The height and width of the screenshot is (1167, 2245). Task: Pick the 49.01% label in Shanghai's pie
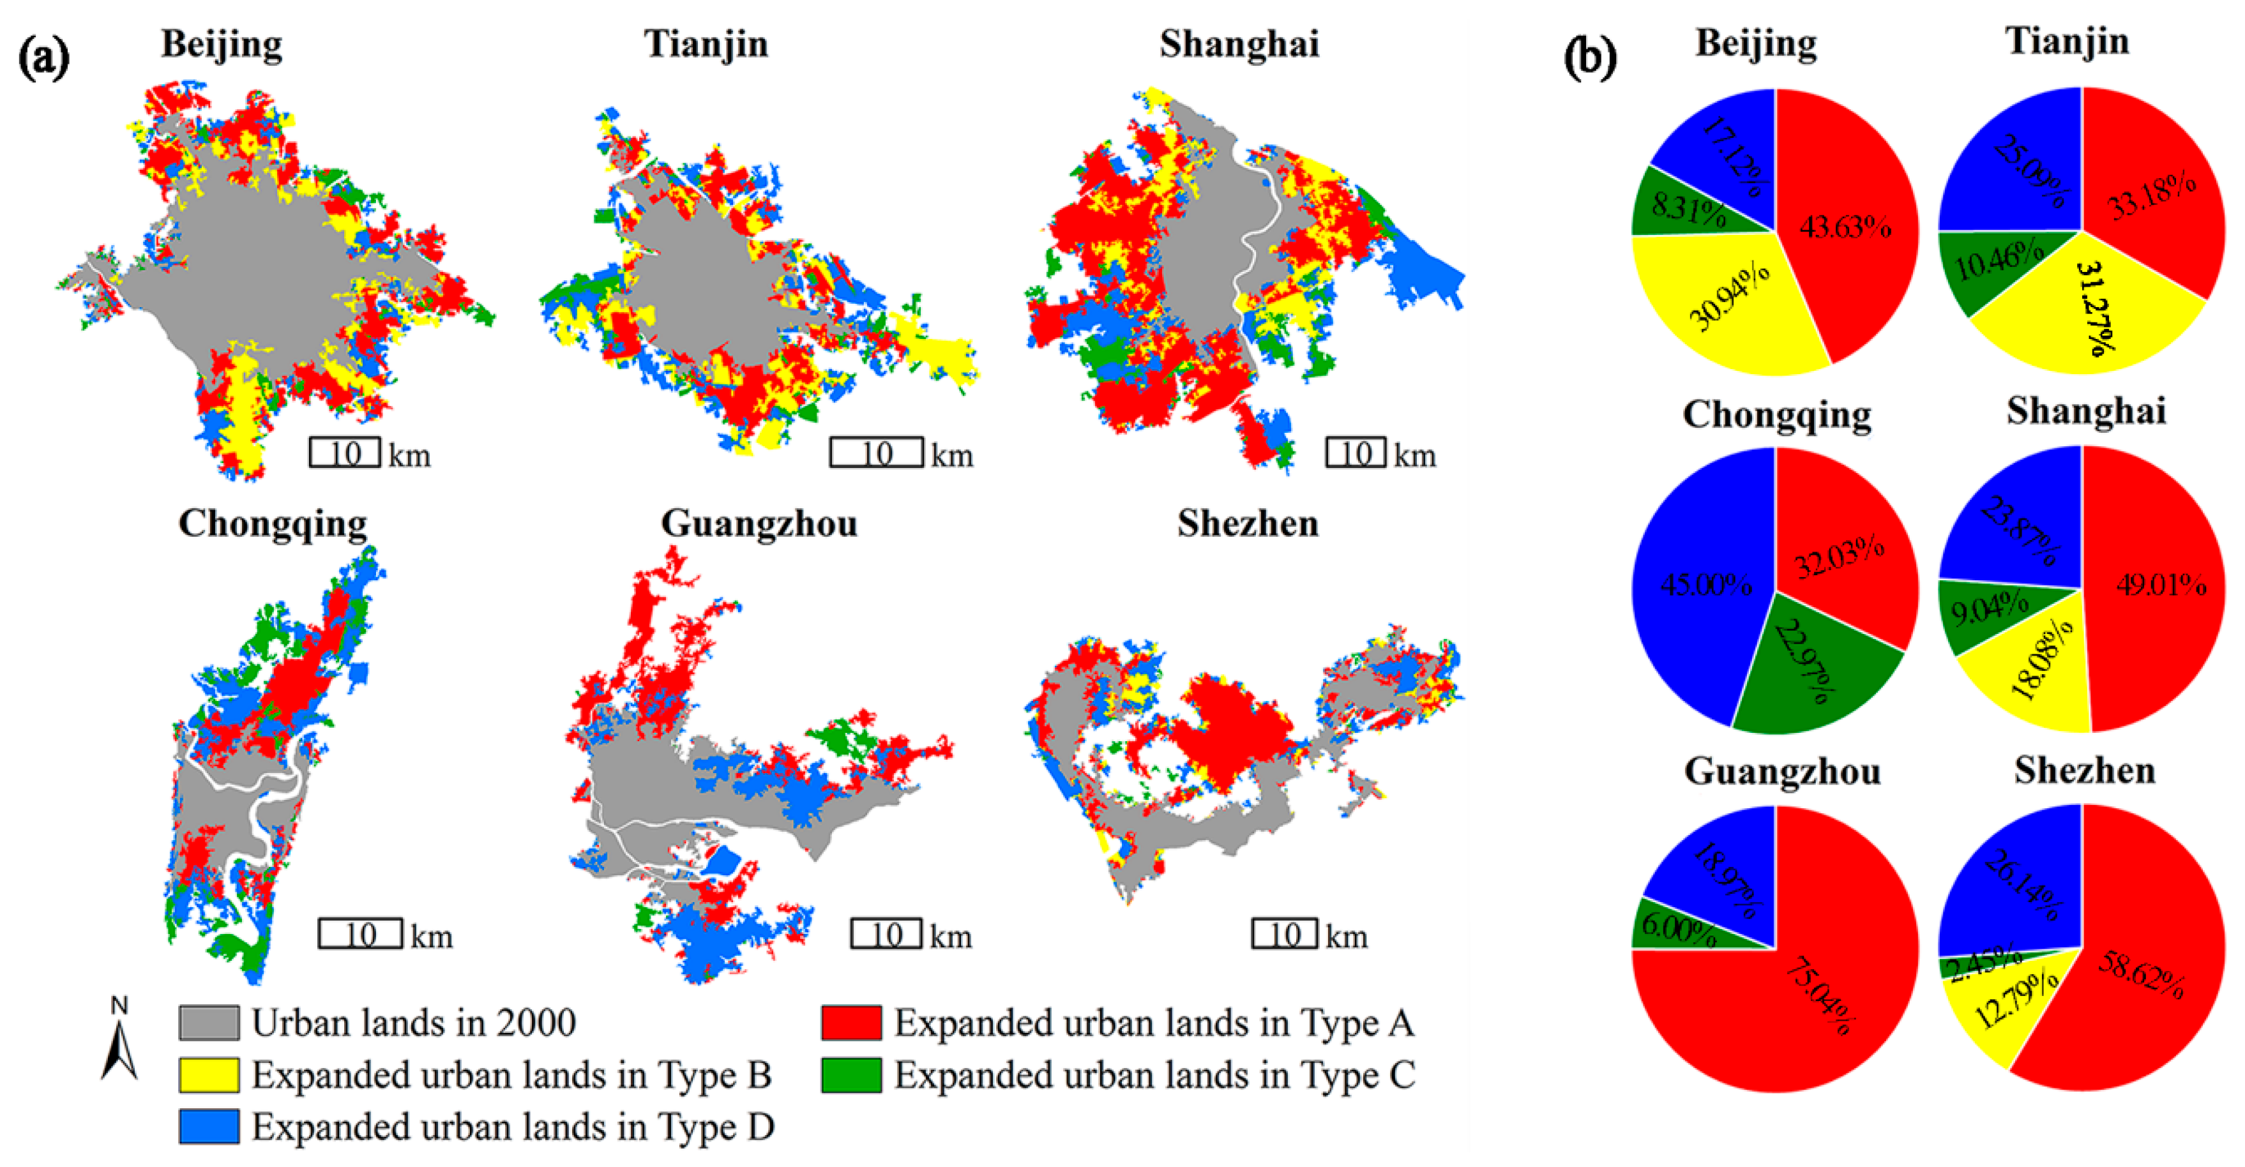point(2161,585)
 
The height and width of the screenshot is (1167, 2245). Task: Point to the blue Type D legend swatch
point(209,1127)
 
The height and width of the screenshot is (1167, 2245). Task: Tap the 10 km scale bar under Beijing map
point(345,453)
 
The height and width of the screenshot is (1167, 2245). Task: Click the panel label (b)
point(1590,57)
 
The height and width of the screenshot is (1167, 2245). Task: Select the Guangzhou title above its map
point(758,523)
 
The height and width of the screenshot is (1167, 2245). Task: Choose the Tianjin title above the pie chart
point(2067,42)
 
